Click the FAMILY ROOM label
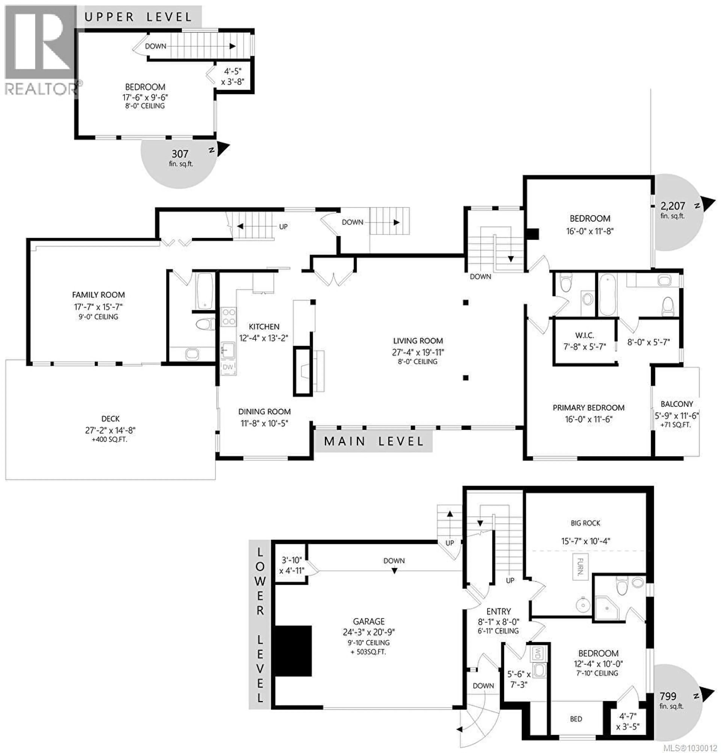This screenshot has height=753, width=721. tap(98, 295)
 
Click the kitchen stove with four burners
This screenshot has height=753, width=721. tap(229, 317)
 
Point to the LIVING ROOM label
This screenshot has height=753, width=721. tap(418, 341)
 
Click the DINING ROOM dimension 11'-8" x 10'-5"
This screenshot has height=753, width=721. tap(264, 423)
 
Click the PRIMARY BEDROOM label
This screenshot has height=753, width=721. tap(588, 408)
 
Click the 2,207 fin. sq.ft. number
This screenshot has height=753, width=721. tap(673, 206)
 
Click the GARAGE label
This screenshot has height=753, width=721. tap(369, 621)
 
